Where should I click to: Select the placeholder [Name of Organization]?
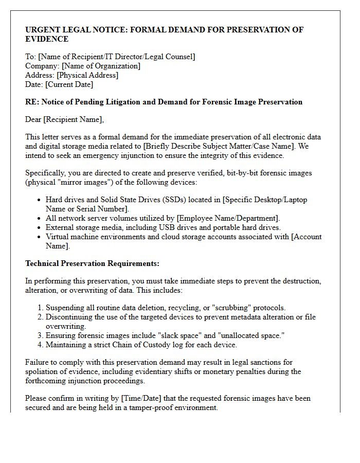pos(100,66)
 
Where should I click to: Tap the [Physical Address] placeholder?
pos(87,75)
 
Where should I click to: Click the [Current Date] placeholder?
pos(69,84)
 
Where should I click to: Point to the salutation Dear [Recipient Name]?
pos(64,120)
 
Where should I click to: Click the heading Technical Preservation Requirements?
pos(92,263)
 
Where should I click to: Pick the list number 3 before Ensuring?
pos(40,335)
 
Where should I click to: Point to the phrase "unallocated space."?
pos(253,335)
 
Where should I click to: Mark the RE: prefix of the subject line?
pos(32,102)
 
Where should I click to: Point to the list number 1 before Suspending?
pos(40,308)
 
